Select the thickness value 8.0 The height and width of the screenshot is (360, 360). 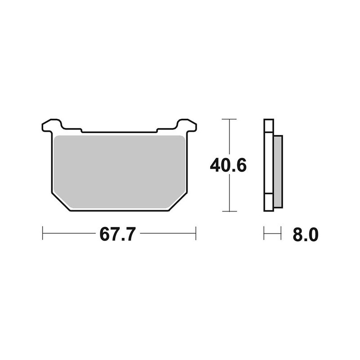[x=305, y=234]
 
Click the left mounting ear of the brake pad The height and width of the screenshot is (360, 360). [x=51, y=125]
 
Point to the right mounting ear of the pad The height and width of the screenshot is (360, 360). [x=187, y=125]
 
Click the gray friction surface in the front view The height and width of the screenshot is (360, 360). [x=119, y=169]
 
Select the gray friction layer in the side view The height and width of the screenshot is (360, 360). [x=278, y=171]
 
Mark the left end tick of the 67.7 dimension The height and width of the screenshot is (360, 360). [x=43, y=233]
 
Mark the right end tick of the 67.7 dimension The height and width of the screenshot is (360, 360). [x=196, y=233]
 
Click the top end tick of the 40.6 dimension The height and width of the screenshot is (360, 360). [x=229, y=120]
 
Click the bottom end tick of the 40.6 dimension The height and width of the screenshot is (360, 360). [x=229, y=211]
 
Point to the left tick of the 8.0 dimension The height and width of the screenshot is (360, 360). [x=264, y=233]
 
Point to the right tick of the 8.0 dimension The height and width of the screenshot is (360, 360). [x=281, y=233]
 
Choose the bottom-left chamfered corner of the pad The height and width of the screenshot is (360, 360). [x=61, y=202]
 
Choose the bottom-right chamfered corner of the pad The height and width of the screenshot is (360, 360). [x=177, y=202]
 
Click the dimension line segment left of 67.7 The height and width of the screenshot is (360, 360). [x=70, y=233]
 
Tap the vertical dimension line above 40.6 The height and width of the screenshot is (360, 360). [x=229, y=137]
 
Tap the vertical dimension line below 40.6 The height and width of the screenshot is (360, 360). [x=229, y=193]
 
